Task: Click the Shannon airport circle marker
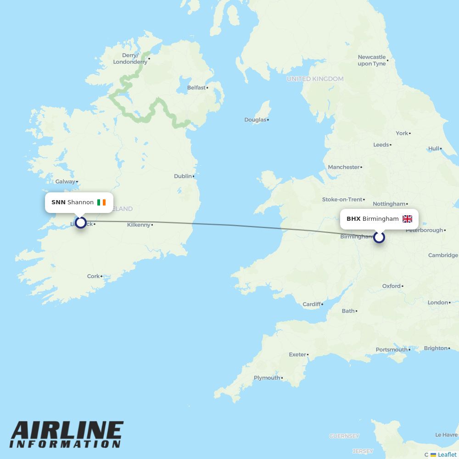(x=81, y=223)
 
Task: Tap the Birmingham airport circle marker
(x=379, y=237)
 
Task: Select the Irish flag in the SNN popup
(x=101, y=202)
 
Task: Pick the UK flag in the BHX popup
(x=407, y=219)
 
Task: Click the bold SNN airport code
(x=58, y=202)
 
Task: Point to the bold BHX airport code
(x=353, y=219)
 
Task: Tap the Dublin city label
(x=183, y=176)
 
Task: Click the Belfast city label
(x=196, y=88)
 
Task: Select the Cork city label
(x=93, y=276)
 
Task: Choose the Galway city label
(x=65, y=181)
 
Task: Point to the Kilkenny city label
(x=139, y=225)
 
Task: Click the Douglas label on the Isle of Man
(x=255, y=120)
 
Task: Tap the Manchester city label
(x=344, y=167)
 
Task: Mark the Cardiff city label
(x=312, y=304)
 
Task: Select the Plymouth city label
(x=267, y=378)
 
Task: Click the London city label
(x=437, y=302)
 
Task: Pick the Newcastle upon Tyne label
(x=372, y=61)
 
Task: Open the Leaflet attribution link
(x=447, y=454)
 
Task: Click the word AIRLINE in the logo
(x=67, y=431)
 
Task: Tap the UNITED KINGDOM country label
(x=315, y=79)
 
